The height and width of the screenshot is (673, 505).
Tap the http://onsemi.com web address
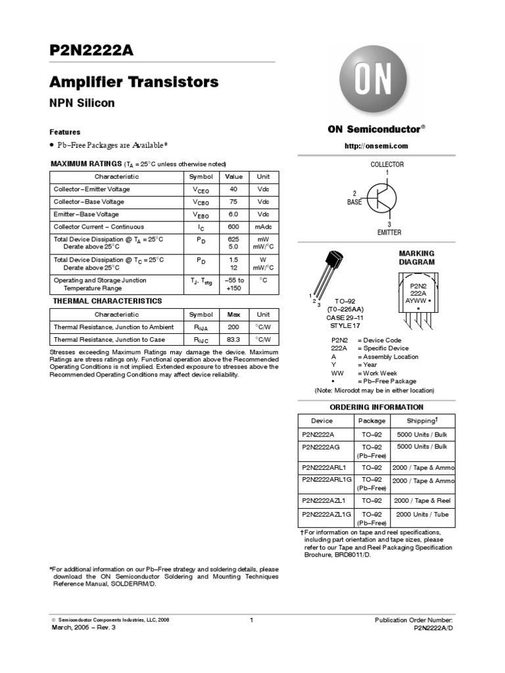click(x=373, y=146)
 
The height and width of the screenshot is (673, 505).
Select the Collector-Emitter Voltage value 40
click(x=233, y=189)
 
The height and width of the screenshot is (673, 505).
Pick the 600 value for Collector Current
click(x=233, y=227)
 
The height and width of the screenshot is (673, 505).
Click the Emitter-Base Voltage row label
click(x=86, y=214)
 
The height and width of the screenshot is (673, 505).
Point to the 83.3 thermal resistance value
click(x=233, y=340)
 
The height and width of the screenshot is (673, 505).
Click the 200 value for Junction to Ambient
click(x=233, y=327)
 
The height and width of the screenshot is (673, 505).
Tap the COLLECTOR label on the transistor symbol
click(x=387, y=164)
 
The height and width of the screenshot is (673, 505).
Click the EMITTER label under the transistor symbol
click(x=389, y=233)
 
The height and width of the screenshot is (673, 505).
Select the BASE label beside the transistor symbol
click(x=354, y=202)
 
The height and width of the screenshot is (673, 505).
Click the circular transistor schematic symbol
click(x=382, y=198)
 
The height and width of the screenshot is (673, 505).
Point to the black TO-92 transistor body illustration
click(x=333, y=263)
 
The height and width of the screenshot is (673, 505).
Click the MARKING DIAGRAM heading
click(x=417, y=258)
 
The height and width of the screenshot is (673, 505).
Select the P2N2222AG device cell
click(x=322, y=447)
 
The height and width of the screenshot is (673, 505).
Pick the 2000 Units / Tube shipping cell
click(x=421, y=514)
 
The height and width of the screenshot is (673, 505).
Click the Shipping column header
click(x=421, y=421)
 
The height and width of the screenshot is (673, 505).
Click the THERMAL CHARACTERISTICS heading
click(x=107, y=301)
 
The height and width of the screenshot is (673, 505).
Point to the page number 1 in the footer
click(x=252, y=620)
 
